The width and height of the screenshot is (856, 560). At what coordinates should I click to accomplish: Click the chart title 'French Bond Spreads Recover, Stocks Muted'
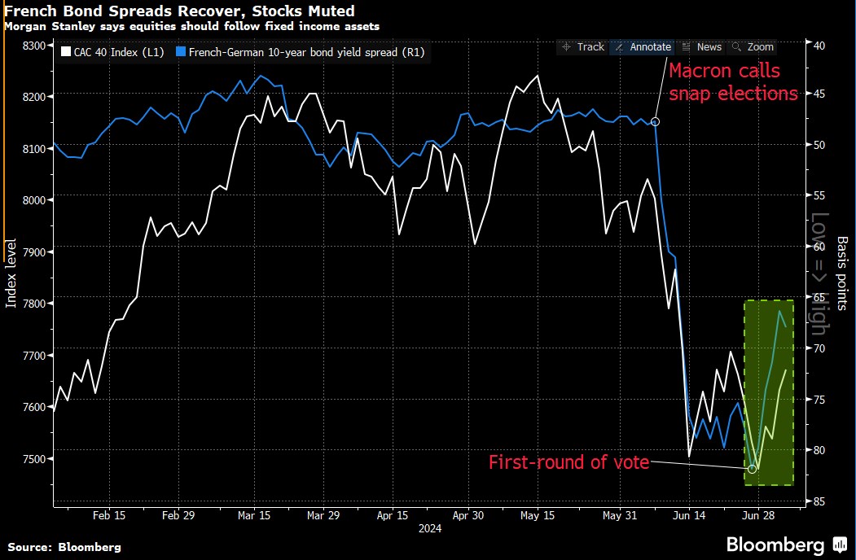pyautogui.click(x=179, y=11)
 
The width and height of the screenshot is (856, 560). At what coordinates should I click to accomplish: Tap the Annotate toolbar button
pyautogui.click(x=643, y=47)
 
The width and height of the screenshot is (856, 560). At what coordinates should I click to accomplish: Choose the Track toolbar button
pyautogui.click(x=583, y=47)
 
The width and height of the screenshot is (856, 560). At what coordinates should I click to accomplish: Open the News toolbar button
pyautogui.click(x=702, y=47)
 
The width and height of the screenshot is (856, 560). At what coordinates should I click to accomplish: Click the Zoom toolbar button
pyautogui.click(x=754, y=47)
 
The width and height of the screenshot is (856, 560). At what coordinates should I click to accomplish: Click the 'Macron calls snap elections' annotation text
pyautogui.click(x=733, y=82)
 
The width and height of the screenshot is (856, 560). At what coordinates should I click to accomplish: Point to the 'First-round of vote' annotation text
pyautogui.click(x=568, y=462)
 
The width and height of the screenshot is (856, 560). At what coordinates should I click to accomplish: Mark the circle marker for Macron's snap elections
pyautogui.click(x=656, y=121)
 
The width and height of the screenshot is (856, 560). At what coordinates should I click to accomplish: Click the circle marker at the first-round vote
pyautogui.click(x=752, y=469)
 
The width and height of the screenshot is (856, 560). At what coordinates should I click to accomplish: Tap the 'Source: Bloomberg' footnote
pyautogui.click(x=64, y=547)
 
